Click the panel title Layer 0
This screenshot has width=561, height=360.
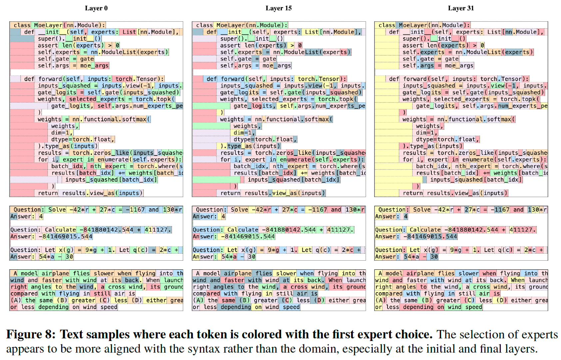pos(96,8)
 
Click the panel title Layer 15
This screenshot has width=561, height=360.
pos(279,8)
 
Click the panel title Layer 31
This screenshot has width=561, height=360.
pos(461,8)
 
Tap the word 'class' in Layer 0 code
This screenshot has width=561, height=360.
pos(22,25)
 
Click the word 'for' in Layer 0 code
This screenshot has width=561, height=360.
pos(43,159)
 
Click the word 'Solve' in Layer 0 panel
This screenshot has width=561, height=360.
pos(57,210)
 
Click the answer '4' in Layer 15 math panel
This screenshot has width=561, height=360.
pos(223,216)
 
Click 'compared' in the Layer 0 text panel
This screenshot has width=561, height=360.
pos(24,294)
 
